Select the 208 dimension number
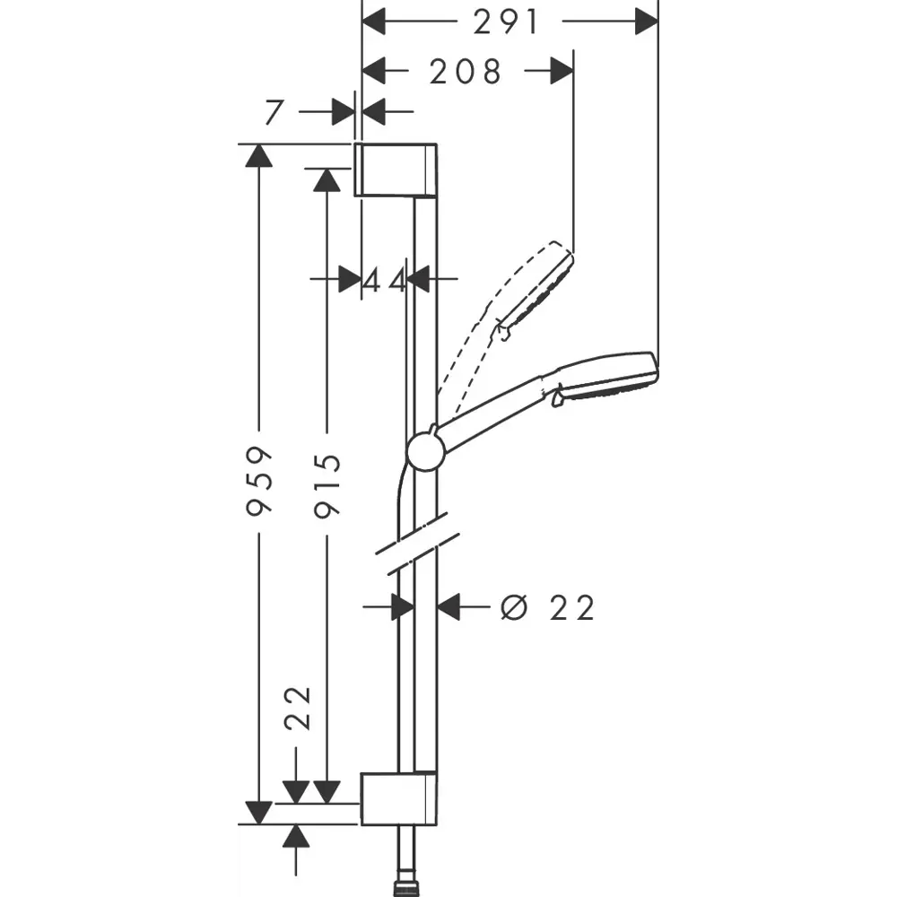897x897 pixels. [466, 72]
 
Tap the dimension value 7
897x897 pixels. [274, 113]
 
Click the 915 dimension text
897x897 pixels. [328, 485]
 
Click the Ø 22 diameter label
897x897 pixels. [548, 608]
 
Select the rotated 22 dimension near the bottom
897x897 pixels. [297, 708]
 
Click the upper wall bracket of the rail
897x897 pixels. [396, 169]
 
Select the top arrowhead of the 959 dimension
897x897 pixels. [259, 154]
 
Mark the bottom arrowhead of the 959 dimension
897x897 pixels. [259, 813]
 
